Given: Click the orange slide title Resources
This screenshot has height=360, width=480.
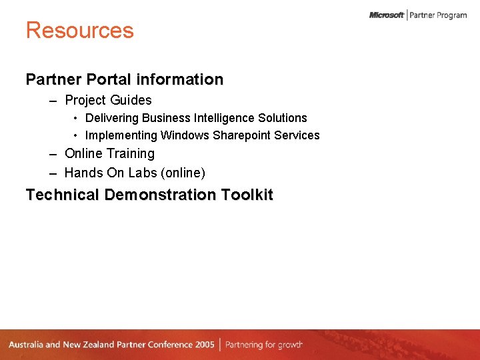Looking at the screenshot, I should pos(79,31).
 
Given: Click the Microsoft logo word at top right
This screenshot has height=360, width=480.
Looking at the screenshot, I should pos(387,15).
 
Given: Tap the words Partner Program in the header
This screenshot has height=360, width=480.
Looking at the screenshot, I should pos(438,15).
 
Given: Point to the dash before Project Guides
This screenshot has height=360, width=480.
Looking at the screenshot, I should pos(53,101).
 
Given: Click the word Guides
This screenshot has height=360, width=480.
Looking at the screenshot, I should pos(131,101).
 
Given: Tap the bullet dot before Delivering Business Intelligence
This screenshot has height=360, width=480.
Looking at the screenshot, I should pos(76,118).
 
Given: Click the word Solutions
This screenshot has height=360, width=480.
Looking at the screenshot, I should pos(284,118).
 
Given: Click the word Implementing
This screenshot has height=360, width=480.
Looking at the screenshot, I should pos(121,135).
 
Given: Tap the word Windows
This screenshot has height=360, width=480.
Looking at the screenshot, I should pos(185,135).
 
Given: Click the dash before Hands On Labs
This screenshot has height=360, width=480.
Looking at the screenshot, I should pos(53,173).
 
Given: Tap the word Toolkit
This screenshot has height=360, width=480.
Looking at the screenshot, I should pos(248,195).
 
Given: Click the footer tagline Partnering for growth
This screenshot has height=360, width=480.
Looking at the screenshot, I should pos(264,345).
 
